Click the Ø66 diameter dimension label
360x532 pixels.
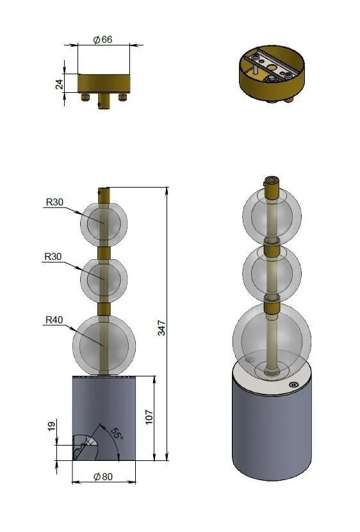click(102, 39)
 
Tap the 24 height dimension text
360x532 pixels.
click(59, 84)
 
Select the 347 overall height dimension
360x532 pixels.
click(161, 328)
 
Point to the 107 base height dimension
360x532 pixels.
click(149, 417)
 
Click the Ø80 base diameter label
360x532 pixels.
click(103, 476)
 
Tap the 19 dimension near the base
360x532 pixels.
click(51, 426)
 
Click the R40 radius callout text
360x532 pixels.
click(54, 319)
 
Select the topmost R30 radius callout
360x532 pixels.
click(54, 202)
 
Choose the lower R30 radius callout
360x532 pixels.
click(53, 257)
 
